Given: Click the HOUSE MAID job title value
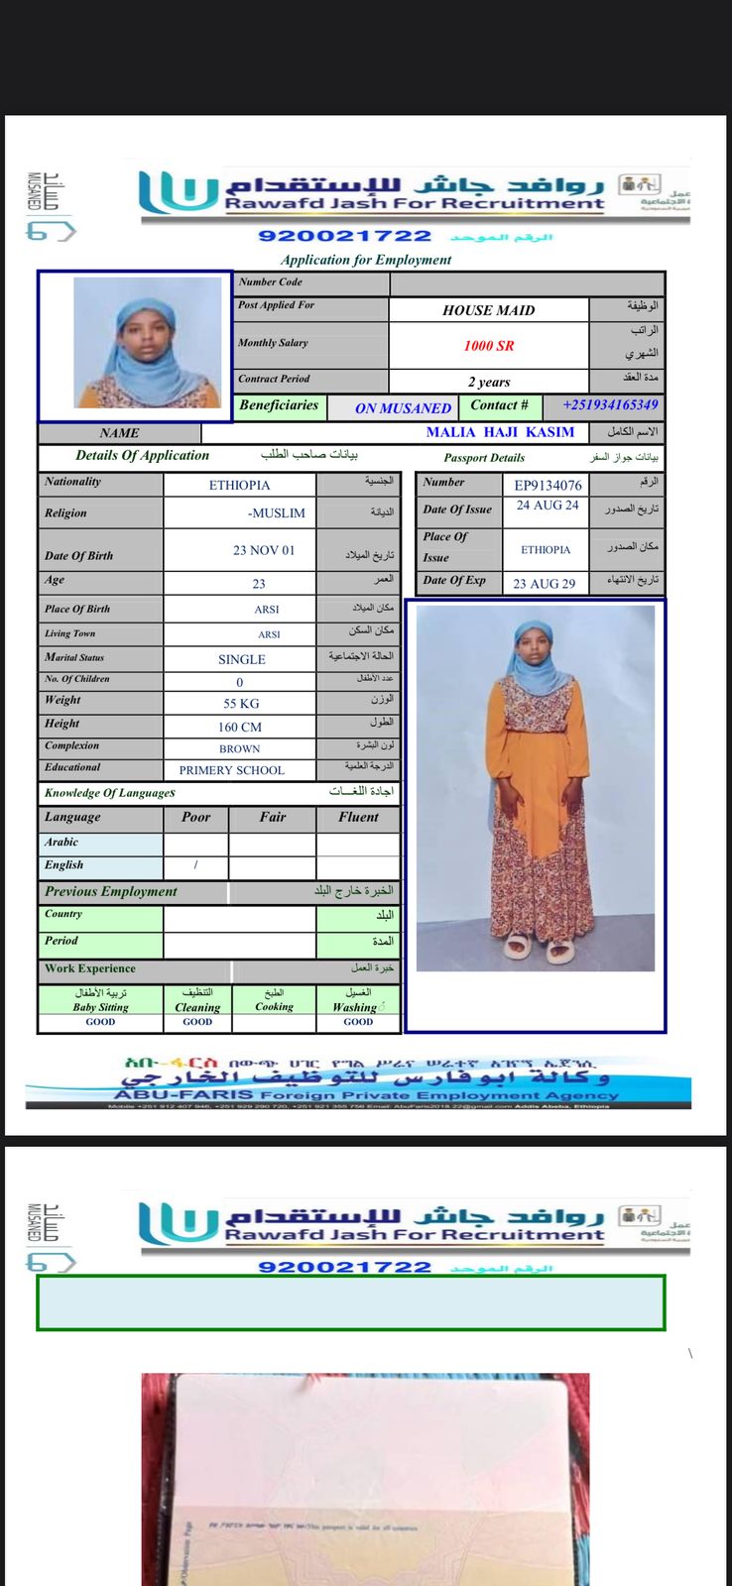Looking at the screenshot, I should coord(488,310).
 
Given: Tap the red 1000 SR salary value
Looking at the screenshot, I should coord(489,346).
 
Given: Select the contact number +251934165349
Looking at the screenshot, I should coord(610,405).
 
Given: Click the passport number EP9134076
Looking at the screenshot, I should coord(548,485).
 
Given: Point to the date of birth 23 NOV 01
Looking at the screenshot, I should coord(263,550).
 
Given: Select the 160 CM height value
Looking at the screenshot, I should coord(240,727).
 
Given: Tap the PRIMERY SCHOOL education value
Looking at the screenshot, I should coord(231,770).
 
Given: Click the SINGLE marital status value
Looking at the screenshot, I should coord(242,659).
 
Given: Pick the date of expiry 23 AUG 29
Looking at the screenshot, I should coord(545,584).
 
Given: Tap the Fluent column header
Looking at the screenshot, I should coord(358,818).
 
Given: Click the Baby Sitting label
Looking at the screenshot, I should coord(100,1007).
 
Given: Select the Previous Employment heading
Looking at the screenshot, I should coord(110,891).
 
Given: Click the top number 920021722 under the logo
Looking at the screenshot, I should coord(344,236).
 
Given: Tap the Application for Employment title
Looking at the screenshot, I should coord(366,260).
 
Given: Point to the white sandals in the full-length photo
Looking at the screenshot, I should coord(541,949).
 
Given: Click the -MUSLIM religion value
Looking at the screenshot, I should coord(277,513).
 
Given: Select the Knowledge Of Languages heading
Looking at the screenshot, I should coord(109,793).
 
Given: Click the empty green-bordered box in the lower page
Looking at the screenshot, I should coord(350,1302).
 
